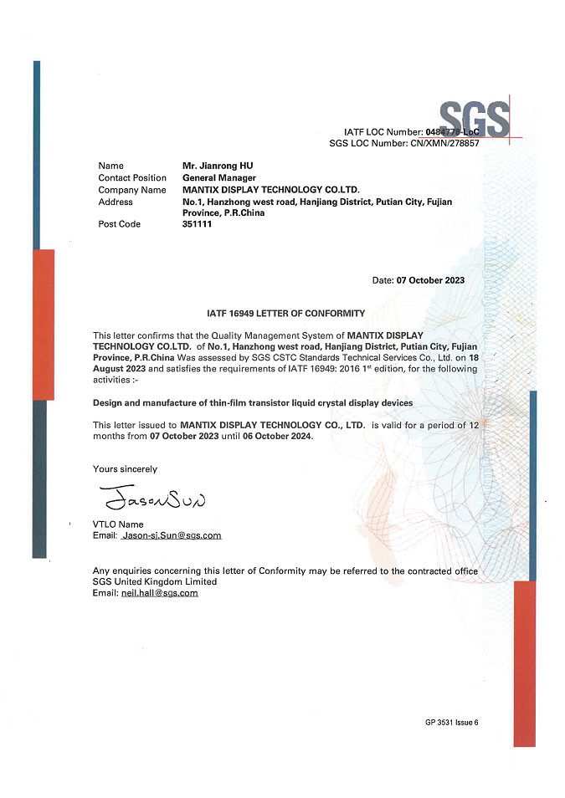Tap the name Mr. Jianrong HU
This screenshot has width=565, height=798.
(218, 166)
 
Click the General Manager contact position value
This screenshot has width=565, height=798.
(219, 178)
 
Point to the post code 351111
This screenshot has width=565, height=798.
(197, 224)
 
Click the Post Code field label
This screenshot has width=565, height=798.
(120, 224)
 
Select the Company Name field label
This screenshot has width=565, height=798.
(131, 190)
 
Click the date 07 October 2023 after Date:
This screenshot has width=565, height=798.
(430, 280)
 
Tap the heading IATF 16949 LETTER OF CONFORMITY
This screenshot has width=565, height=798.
(285, 314)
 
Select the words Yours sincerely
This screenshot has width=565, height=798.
(125, 469)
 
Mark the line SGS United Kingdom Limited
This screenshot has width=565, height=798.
(155, 581)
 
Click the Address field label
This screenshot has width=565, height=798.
(116, 202)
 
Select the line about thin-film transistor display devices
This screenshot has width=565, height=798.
(253, 402)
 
